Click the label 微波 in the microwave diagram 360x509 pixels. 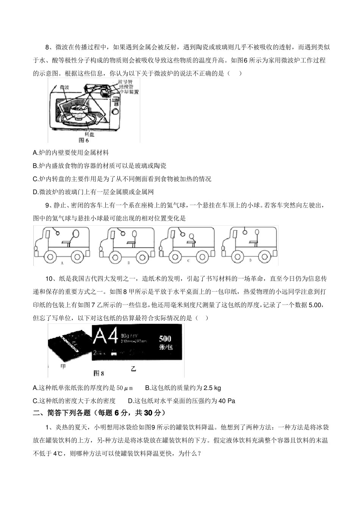pyautogui.click(x=64, y=87)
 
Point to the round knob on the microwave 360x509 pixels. pyautogui.click(x=116, y=112)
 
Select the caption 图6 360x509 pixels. pyautogui.click(x=83, y=140)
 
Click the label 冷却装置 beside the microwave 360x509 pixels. pyautogui.click(x=129, y=92)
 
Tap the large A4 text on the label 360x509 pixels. pyautogui.click(x=105, y=337)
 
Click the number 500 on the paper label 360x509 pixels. pyautogui.click(x=165, y=339)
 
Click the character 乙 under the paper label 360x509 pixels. pyautogui.click(x=133, y=368)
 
